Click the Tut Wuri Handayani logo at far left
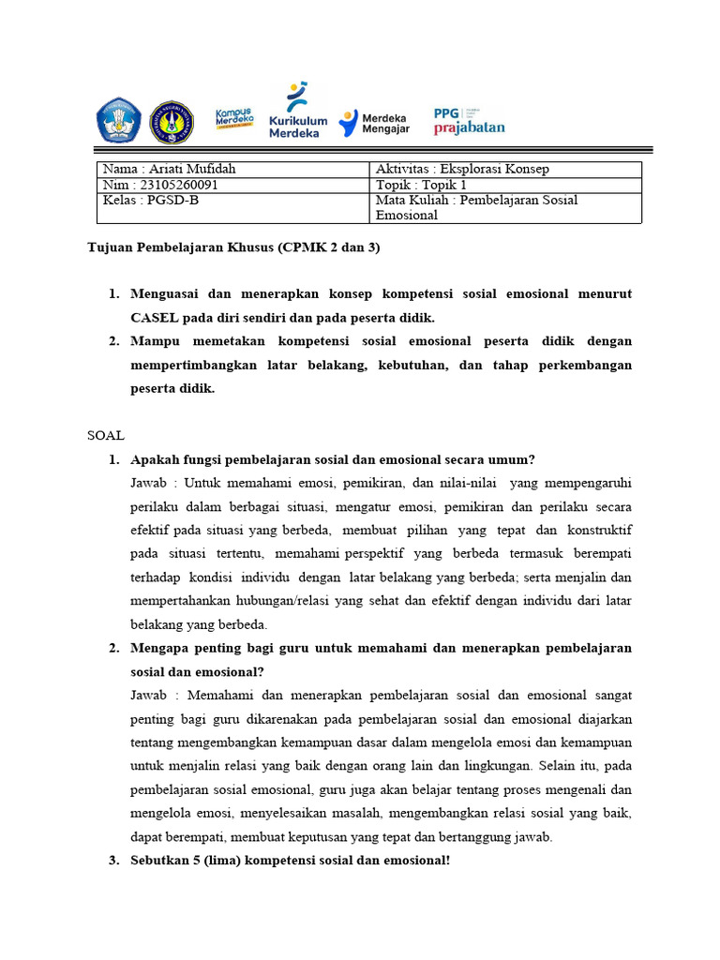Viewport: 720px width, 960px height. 117,121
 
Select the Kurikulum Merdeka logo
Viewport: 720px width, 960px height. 298,111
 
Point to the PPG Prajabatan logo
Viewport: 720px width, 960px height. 469,120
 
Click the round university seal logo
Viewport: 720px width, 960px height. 172,122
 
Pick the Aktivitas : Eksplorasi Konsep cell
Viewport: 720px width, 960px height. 462,169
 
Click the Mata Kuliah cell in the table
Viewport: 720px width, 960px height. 476,207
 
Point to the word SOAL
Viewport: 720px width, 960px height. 106,436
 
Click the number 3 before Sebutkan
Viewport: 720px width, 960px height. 112,861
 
